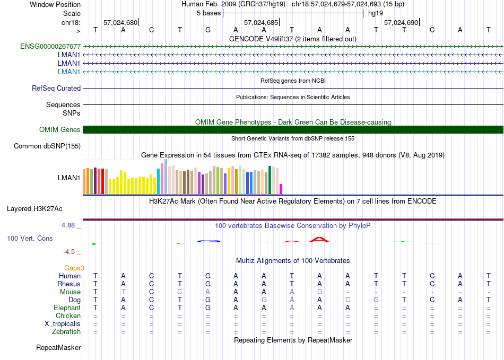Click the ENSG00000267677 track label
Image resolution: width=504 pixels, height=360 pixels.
point(50,46)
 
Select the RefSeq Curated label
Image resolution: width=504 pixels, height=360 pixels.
point(56,89)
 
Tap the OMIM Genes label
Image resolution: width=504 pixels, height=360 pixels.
point(60,129)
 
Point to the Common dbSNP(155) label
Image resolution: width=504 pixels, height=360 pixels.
point(47,146)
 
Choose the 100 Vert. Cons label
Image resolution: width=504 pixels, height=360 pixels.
point(30,239)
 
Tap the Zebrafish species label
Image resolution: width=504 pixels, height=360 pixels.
point(66,332)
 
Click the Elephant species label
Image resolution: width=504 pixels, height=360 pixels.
point(67,308)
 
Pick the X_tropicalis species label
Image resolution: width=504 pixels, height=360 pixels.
point(63,323)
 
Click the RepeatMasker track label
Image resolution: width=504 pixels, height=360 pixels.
point(58,348)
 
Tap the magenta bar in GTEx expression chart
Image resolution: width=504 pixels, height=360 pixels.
point(281,189)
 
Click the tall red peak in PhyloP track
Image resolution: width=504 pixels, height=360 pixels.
point(319,240)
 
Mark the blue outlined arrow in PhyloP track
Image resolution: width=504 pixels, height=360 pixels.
point(208,241)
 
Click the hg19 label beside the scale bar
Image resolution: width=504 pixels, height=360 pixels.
point(375,13)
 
